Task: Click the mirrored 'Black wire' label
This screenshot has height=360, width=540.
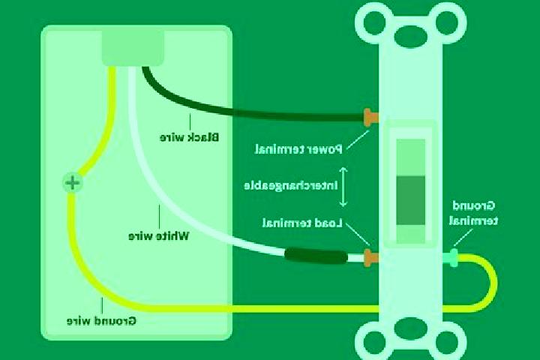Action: pos(189,137)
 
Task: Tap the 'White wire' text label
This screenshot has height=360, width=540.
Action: pos(158,236)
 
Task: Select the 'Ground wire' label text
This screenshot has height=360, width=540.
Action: pos(101,321)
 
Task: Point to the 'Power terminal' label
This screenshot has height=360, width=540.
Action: pos(298,149)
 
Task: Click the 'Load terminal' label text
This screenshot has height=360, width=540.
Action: pos(302,223)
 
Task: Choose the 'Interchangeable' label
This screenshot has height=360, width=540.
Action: pos(291,186)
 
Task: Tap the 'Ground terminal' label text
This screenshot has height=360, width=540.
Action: pos(473,213)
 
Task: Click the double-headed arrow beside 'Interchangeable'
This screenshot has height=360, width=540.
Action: pos(343,187)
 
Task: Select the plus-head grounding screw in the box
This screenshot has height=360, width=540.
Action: pos(73,182)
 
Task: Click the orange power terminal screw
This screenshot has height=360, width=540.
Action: pos(371,118)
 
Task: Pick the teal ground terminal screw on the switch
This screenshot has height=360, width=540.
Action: pos(452,258)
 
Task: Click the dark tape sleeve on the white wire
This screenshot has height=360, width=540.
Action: pos(316,256)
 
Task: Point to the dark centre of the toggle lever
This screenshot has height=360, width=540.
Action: pos(410,200)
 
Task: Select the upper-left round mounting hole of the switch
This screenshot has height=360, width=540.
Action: pos(374,22)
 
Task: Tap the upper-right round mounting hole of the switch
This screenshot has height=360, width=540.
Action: pos(447,22)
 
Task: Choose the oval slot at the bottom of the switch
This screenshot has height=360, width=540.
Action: pos(410,328)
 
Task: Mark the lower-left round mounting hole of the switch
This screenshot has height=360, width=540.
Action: pos(374,342)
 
